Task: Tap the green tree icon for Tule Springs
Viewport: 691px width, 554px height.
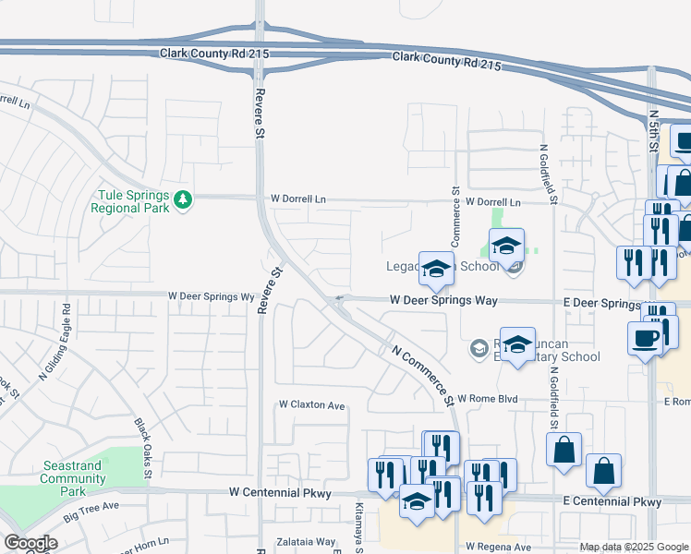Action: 183,199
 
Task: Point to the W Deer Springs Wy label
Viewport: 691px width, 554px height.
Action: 211,296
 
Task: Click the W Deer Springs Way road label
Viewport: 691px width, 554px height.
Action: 443,300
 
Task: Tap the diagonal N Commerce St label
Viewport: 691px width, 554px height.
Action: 423,376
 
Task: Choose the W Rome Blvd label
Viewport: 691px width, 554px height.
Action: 486,399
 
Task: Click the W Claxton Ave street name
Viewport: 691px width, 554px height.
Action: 312,405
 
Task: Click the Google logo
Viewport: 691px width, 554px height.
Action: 30,543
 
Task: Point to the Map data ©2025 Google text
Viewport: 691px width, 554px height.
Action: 633,547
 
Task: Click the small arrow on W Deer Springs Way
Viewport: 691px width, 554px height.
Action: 339,298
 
